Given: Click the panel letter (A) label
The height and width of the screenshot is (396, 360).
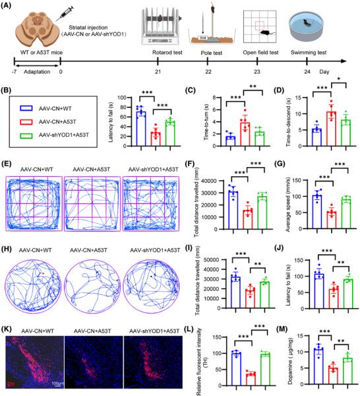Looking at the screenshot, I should [11, 7].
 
